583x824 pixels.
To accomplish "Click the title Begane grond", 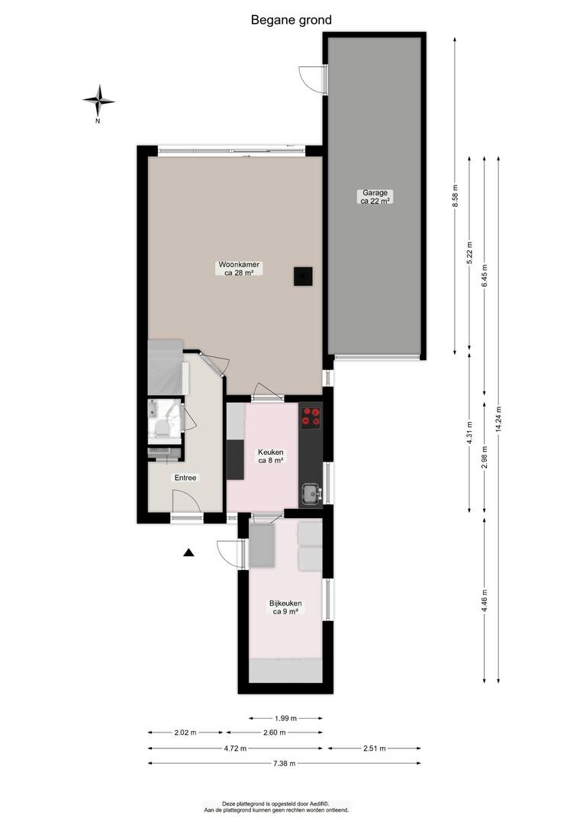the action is click(x=291, y=20).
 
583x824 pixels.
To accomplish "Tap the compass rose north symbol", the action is click(x=98, y=101).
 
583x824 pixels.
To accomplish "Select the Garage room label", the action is click(x=375, y=197).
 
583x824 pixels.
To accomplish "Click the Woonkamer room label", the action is click(x=239, y=269).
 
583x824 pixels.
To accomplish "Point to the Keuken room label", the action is click(x=271, y=456).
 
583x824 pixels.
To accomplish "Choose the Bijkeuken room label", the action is click(x=285, y=607).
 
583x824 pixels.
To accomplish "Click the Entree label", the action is click(x=185, y=478).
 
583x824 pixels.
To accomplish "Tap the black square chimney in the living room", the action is click(x=304, y=276).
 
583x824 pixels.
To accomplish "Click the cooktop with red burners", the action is click(x=311, y=417).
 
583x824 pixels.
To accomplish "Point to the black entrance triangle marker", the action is click(x=188, y=552).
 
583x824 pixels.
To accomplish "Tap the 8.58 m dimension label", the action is click(x=456, y=196).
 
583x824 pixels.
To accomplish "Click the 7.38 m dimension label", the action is click(x=285, y=763).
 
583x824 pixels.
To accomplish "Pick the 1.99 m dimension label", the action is click(x=286, y=718).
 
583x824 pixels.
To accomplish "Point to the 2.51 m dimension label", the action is click(x=375, y=748).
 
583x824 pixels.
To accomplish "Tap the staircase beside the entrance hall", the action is click(x=167, y=367).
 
